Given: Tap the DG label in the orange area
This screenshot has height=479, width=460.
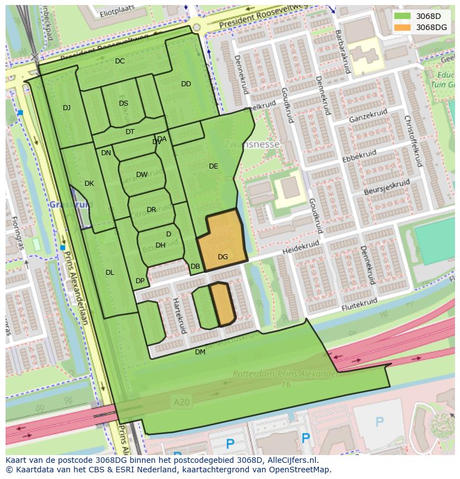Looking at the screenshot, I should [223, 257].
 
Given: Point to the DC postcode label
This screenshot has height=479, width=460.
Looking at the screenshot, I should [120, 61].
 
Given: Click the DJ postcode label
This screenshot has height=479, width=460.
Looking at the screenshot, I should [67, 108].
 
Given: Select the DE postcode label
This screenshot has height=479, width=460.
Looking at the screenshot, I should [213, 166].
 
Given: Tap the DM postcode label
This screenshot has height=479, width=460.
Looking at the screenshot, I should [200, 352].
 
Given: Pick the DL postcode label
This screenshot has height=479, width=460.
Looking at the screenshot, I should [110, 273].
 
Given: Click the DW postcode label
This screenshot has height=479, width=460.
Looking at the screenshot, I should [142, 175].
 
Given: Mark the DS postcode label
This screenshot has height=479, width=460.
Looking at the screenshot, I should [123, 103].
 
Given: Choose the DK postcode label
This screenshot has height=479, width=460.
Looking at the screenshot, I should [89, 184].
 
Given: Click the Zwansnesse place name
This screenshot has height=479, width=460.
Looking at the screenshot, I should [252, 145].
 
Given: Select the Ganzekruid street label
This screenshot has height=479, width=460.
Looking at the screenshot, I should [367, 116].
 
